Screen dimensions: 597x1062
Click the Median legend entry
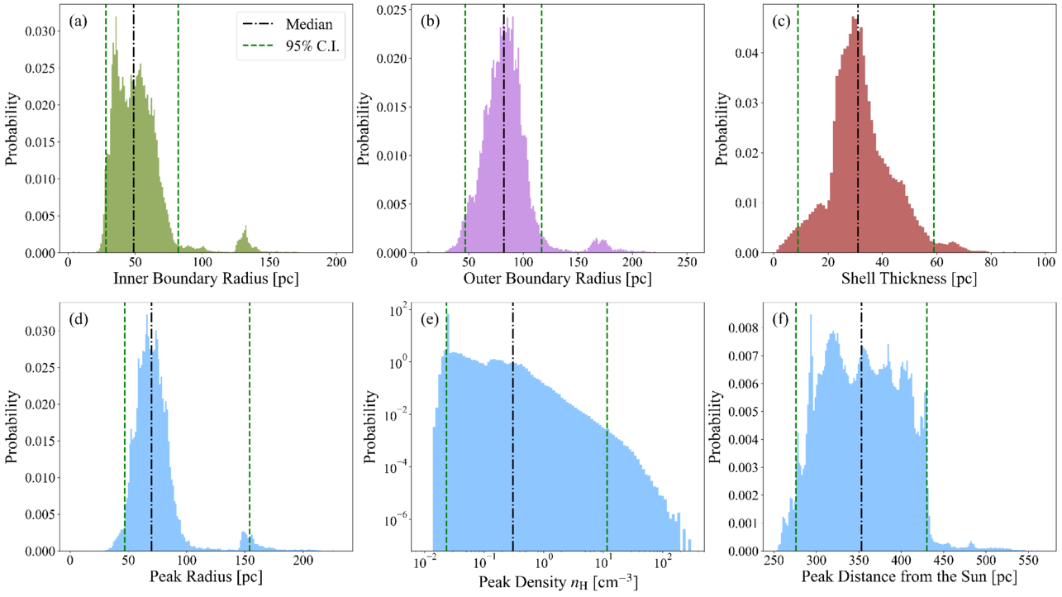[308, 26]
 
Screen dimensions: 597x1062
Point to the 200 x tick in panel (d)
[304, 561]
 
